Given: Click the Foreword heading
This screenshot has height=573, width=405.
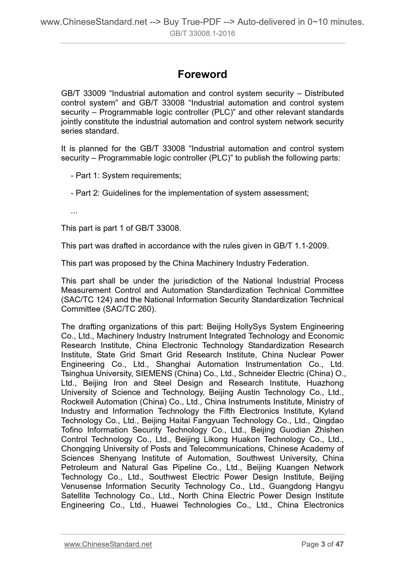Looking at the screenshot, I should (202, 74).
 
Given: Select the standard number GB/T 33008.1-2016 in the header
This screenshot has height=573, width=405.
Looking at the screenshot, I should (202, 34).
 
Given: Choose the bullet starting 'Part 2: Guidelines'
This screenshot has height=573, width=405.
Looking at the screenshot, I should (190, 193).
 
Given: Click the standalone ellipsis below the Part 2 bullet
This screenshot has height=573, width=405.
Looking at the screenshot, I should (74, 212).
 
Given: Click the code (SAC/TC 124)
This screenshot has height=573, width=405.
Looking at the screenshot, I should (87, 300).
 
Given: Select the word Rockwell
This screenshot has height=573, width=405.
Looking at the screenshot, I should (77, 402).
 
